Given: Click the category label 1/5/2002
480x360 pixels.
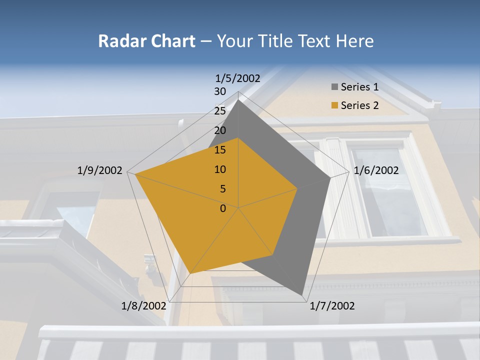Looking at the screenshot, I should pos(237,78).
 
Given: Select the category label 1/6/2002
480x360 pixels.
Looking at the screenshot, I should pos(376,170).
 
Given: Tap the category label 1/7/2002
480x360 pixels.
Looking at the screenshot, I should pos(332,306).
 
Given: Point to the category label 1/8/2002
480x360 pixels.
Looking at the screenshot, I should pos(143,306).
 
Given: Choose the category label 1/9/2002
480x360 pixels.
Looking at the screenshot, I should pos(99,170).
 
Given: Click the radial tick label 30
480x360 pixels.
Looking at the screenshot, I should pos(219,91).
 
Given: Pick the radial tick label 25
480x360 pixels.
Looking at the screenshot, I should pos(219,111).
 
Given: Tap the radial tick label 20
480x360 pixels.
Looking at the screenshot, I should pos(219,130).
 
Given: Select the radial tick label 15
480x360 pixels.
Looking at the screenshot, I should pos(219,150).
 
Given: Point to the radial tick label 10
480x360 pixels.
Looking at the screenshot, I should pos(219,169).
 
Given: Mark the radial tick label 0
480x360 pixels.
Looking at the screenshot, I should pos(223,208).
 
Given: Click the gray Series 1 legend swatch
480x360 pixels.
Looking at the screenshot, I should pos(334,87).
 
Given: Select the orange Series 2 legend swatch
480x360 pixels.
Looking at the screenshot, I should pos(334,105).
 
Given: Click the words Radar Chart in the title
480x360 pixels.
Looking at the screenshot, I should pos(146,41).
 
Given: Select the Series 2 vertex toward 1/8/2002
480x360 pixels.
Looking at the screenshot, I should pos(190,273).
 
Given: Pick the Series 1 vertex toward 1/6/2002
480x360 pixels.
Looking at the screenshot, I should pos(330,177).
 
